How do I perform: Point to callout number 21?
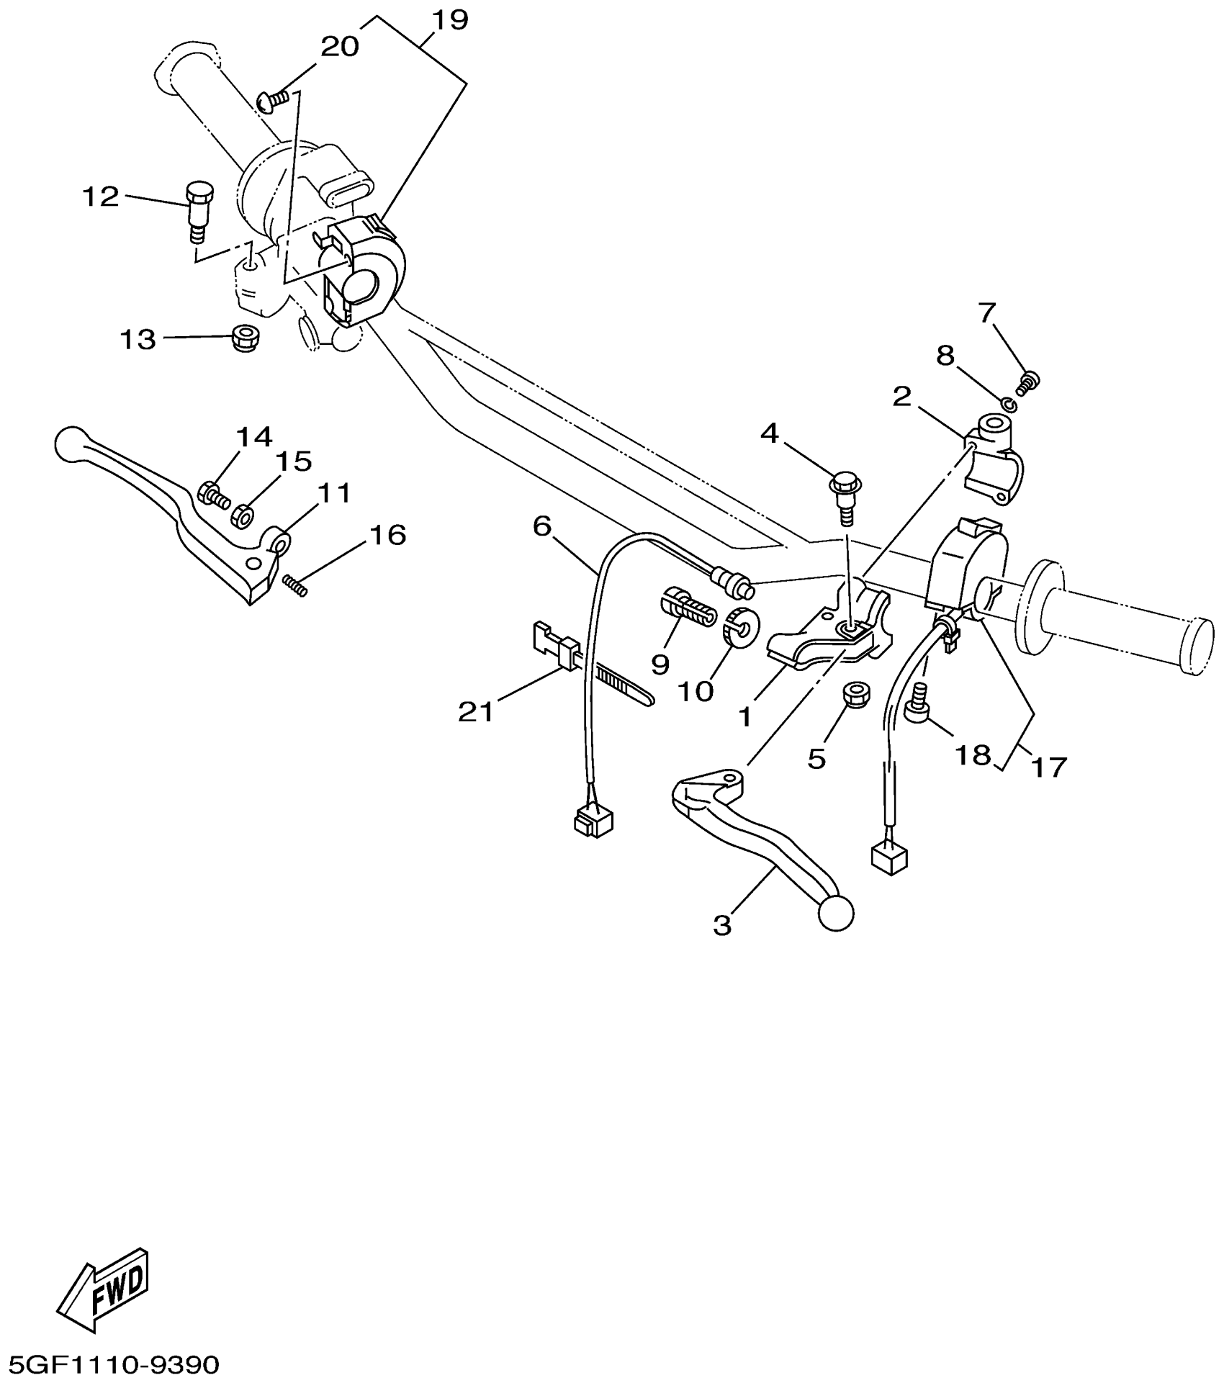point(476,711)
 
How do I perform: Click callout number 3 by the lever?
point(722,925)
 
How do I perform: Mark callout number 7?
point(986,313)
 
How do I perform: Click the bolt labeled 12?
point(196,214)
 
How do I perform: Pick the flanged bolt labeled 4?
point(847,493)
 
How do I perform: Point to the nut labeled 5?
point(854,695)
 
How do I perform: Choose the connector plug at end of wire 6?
point(593,821)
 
